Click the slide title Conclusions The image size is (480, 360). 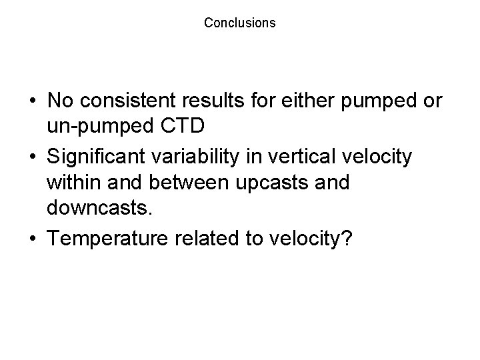coord(239,23)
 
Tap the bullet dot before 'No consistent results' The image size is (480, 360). coord(32,101)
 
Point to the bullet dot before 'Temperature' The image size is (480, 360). coord(32,238)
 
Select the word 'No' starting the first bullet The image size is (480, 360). coord(61,101)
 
